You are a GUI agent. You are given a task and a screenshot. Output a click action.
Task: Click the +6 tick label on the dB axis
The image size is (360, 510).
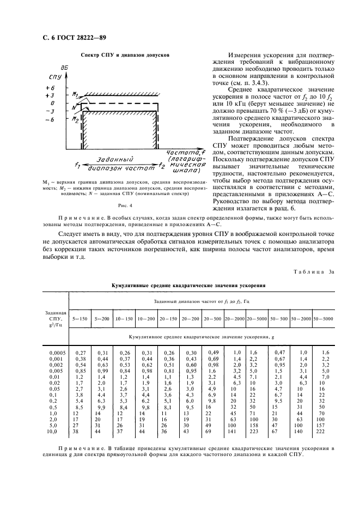point(50,87)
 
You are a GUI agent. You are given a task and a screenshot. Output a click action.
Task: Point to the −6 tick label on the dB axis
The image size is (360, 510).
point(50,119)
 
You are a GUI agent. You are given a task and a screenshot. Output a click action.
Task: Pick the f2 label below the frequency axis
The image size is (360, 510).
point(162,163)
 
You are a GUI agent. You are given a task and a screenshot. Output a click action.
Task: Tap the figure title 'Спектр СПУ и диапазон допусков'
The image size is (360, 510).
point(125,55)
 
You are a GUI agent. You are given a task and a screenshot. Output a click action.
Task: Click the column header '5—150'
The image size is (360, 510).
point(80,318)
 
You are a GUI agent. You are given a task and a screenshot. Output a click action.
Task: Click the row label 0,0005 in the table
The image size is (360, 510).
point(56,353)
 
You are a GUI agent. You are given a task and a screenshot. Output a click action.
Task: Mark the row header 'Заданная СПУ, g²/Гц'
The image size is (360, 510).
point(56,318)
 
